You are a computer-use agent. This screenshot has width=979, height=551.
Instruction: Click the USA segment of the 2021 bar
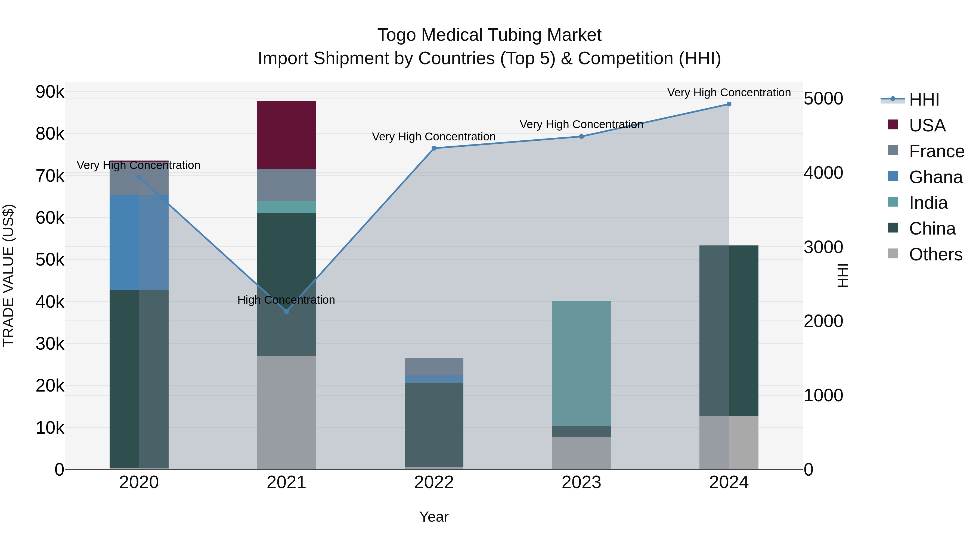click(x=286, y=135)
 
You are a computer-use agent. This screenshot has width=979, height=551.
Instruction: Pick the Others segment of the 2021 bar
click(x=286, y=412)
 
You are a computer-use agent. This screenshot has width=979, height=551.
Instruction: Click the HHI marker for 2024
click(x=729, y=104)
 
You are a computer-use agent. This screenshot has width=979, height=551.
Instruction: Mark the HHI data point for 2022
click(x=434, y=148)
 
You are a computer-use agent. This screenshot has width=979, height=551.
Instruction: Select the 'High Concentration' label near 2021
click(x=286, y=300)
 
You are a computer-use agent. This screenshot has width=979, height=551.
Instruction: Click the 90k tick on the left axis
click(x=50, y=92)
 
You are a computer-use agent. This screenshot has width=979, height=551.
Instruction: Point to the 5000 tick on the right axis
click(x=823, y=99)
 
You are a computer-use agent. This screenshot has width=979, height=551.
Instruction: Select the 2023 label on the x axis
click(x=581, y=482)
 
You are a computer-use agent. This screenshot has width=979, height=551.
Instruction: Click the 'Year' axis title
click(x=434, y=517)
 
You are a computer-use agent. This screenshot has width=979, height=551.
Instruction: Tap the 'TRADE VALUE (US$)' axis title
click(x=8, y=275)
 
